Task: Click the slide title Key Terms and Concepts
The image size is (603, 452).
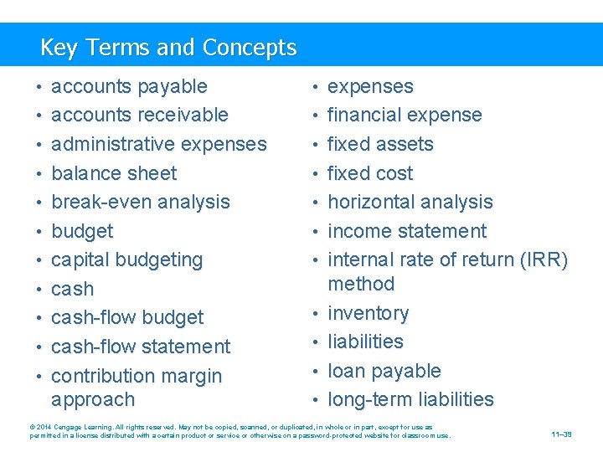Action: (168, 48)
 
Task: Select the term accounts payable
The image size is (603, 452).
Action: (129, 86)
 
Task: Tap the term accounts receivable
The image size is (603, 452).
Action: (140, 115)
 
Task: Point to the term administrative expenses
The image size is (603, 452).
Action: (159, 144)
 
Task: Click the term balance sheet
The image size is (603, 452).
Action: (114, 173)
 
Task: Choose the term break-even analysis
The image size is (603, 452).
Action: (141, 202)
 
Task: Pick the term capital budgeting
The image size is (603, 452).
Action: (127, 259)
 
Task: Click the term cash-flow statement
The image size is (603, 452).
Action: (141, 347)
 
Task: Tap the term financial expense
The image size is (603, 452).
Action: (405, 115)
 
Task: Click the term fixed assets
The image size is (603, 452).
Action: (380, 144)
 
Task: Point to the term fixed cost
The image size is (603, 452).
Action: (370, 173)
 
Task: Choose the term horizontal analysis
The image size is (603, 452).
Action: (410, 202)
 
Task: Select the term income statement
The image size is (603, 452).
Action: (407, 231)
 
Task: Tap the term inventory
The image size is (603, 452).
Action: (368, 313)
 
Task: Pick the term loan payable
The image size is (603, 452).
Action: (384, 371)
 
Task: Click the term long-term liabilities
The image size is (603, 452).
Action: (410, 399)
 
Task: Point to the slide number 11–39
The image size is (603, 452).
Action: (562, 434)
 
